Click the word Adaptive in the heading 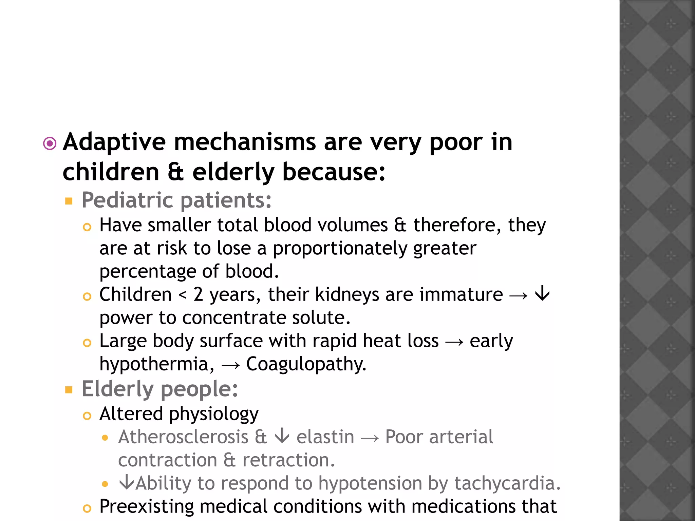tap(114, 142)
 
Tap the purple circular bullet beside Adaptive tap(50, 143)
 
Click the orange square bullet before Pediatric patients tap(69, 201)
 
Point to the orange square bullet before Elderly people tap(69, 390)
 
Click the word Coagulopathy tap(306, 364)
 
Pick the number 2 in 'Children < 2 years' tap(199, 294)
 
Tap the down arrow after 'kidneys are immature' tap(542, 293)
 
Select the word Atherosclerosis tap(183, 437)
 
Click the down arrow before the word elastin tap(282, 436)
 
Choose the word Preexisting tap(147, 506)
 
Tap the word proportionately tap(340, 249)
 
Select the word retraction tap(288, 460)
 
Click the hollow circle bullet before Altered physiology tap(87, 416)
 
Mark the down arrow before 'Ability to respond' tap(127, 483)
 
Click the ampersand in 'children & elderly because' tap(176, 172)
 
